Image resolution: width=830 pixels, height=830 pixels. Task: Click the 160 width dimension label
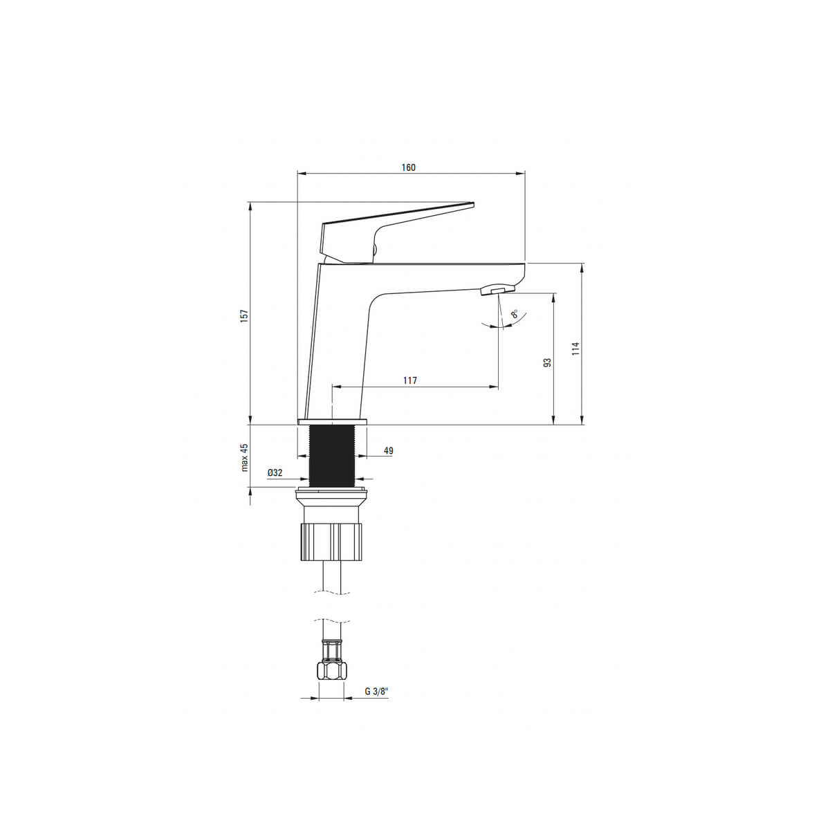pyautogui.click(x=409, y=167)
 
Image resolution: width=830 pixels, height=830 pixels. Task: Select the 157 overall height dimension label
pyautogui.click(x=243, y=315)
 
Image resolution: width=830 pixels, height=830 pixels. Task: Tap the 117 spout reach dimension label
pyautogui.click(x=410, y=380)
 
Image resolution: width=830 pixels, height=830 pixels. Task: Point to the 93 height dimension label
pyautogui.click(x=547, y=362)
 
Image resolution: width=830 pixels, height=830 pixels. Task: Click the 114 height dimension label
pyautogui.click(x=575, y=349)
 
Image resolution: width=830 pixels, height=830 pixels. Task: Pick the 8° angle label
pyautogui.click(x=514, y=314)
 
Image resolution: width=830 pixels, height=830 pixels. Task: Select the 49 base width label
pyautogui.click(x=388, y=451)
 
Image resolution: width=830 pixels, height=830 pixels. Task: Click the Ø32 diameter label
pyautogui.click(x=275, y=472)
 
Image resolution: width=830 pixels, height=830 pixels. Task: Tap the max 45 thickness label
pyautogui.click(x=243, y=457)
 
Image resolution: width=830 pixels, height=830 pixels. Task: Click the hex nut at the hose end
pyautogui.click(x=332, y=670)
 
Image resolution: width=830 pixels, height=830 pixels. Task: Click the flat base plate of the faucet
pyautogui.click(x=332, y=421)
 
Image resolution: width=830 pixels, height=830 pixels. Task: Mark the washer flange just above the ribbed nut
pyautogui.click(x=332, y=495)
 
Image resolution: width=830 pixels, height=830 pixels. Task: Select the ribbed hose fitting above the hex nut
pyautogui.click(x=332, y=650)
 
